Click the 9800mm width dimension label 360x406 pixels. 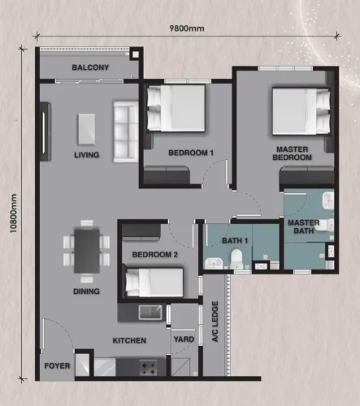pos(187,28)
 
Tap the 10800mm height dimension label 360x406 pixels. pos(13,214)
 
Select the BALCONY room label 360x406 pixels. pos(90,67)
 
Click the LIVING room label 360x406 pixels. pos(87,155)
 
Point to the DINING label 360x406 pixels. pos(86,292)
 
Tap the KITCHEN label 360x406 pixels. pos(129,340)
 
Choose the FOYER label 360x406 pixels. pos(57,366)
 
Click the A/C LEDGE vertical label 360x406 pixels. pos(215,322)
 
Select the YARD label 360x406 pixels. pos(184,339)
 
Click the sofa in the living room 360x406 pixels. pos(126,132)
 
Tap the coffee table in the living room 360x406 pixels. pos(87,129)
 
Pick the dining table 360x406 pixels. pos(87,251)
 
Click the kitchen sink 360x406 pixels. pos(150,313)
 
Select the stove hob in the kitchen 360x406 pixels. pos(149,368)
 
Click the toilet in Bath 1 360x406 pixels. pos(236,259)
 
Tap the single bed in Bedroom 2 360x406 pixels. pos(154,282)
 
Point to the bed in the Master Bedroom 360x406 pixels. pos(301,111)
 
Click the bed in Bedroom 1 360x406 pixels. pos(176,108)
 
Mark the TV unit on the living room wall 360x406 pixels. pos(46,132)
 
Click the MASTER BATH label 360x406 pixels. pos(304,227)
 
